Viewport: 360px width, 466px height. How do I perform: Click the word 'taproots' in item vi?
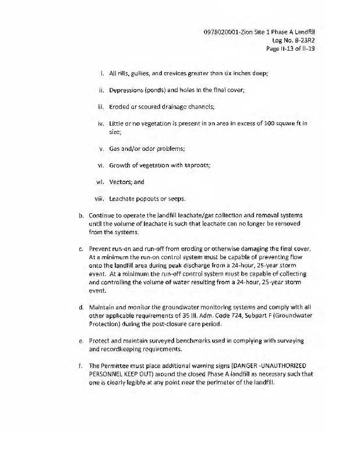pyautogui.click(x=195, y=165)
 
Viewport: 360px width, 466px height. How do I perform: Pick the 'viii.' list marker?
pyautogui.click(x=99, y=199)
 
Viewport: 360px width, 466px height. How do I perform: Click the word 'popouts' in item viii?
pyautogui.click(x=151, y=199)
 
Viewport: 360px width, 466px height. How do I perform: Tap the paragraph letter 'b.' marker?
pyautogui.click(x=82, y=216)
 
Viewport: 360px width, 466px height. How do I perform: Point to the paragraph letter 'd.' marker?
pyautogui.click(x=82, y=306)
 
